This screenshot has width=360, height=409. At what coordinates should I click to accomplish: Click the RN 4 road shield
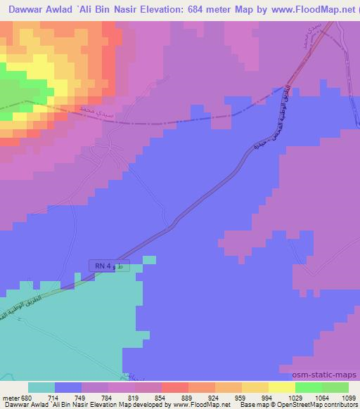click(x=109, y=265)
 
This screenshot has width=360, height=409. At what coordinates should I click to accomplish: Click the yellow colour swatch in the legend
click(x=282, y=387)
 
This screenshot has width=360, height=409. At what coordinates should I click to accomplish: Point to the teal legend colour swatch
click(x=41, y=387)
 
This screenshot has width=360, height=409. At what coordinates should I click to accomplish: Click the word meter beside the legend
click(x=11, y=398)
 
